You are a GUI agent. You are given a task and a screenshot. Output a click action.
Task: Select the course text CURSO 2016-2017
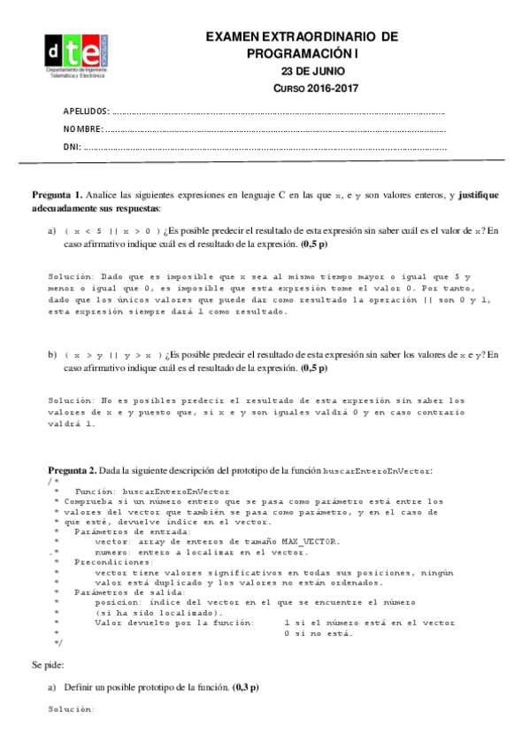[303, 89]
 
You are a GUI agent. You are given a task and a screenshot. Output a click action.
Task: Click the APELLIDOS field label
[86, 112]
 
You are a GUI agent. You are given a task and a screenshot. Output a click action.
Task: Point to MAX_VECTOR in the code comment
[305, 540]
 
